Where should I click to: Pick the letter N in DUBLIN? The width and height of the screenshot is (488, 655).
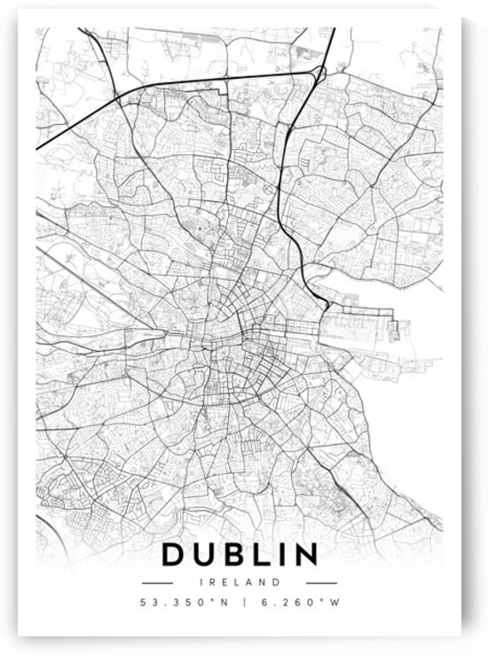click(306, 555)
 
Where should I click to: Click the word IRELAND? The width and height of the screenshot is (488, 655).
click(240, 582)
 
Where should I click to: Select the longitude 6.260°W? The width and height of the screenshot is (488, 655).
click(293, 604)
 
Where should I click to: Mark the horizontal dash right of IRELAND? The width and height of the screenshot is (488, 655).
click(321, 583)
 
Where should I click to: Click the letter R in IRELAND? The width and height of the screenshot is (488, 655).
click(213, 582)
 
